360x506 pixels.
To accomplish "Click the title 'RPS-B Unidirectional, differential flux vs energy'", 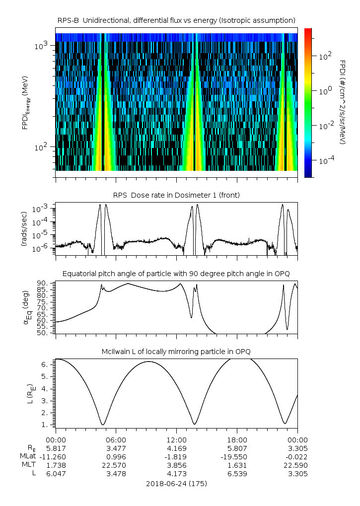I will pos(176,20).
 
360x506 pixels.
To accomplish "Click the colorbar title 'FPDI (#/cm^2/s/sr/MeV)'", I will pos(343,102).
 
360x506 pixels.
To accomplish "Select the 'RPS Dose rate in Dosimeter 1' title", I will pos(176,195).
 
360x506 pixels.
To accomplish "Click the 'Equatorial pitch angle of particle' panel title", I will pos(176,274).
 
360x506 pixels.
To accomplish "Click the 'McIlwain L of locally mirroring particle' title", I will pos(176,352).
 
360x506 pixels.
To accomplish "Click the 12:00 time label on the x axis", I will pos(176,440).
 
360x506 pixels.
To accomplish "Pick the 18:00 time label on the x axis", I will pos(237,440).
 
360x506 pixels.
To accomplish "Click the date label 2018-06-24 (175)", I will pos(176,483).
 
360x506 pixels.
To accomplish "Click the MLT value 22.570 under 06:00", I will pos(116,465).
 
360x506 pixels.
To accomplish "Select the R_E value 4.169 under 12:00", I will pos(176,448).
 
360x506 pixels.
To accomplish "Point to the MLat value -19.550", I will pos(236,456).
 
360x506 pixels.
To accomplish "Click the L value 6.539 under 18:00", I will pos(237,473).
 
